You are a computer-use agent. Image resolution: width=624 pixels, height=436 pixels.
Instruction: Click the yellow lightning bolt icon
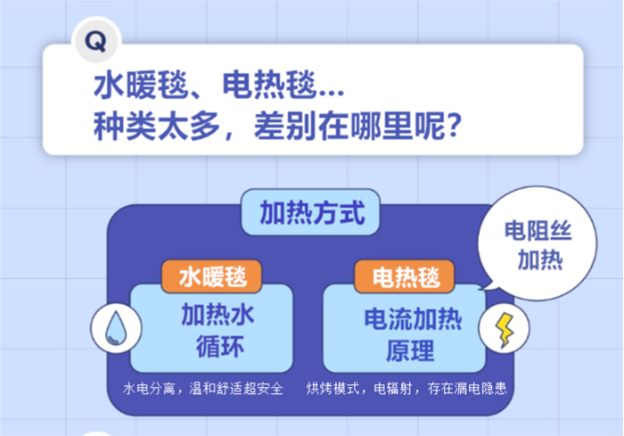[x=500, y=330]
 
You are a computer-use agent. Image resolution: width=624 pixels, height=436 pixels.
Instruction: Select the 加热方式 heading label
[x=311, y=213]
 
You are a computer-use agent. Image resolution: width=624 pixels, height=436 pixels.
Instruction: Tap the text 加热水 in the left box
[x=212, y=315]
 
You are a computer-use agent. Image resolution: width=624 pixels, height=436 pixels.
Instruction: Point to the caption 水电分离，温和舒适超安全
[x=203, y=390]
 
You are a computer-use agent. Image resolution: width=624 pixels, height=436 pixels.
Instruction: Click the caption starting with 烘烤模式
[x=411, y=390]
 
